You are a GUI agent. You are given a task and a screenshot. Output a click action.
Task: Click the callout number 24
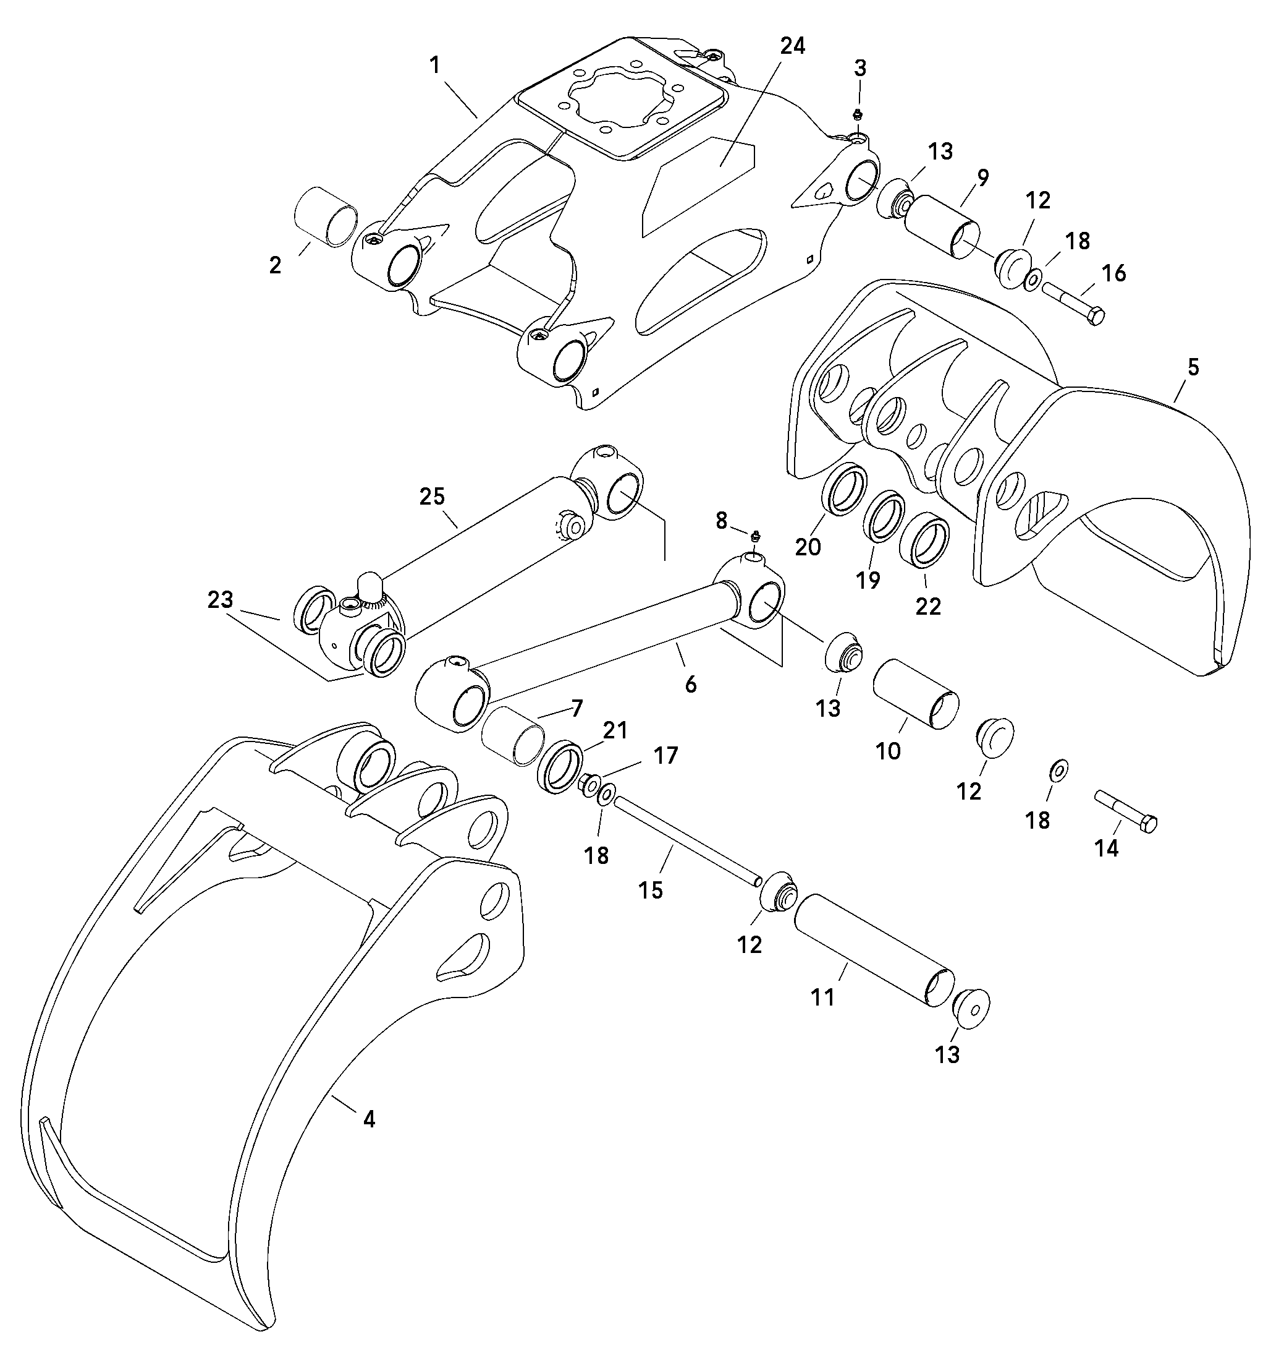(793, 46)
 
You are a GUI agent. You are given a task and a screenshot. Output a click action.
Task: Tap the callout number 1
(434, 65)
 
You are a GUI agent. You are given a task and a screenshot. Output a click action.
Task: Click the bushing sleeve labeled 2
(326, 216)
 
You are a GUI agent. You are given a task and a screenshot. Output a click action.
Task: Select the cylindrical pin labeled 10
(914, 694)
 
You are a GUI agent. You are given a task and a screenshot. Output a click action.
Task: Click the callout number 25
(433, 497)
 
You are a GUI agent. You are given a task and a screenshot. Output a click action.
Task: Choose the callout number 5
(1193, 367)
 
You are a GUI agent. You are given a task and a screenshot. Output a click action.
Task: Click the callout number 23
(221, 600)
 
